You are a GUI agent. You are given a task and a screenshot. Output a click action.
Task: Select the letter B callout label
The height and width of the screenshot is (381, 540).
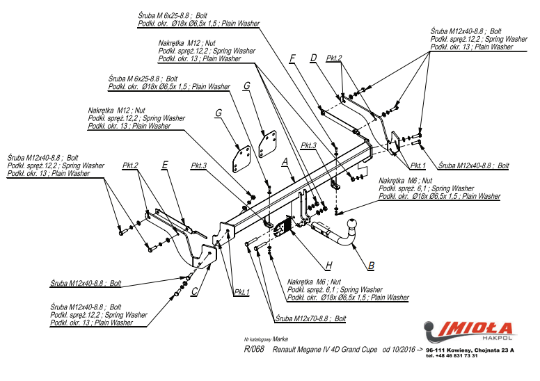372,266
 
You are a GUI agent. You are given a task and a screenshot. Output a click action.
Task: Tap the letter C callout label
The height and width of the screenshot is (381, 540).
194,291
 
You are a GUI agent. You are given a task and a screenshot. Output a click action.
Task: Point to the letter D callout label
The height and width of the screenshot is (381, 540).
314,58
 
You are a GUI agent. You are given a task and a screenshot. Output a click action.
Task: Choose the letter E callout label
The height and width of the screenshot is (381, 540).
165,165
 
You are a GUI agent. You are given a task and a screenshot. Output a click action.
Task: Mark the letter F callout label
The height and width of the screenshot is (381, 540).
292,58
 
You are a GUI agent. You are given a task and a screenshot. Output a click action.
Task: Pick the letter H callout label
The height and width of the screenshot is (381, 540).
328,265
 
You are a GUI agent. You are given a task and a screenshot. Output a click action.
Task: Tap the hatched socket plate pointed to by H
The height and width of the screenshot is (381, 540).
284,227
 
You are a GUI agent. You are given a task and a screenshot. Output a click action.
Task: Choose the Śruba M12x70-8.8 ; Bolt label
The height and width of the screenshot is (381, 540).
310,318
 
